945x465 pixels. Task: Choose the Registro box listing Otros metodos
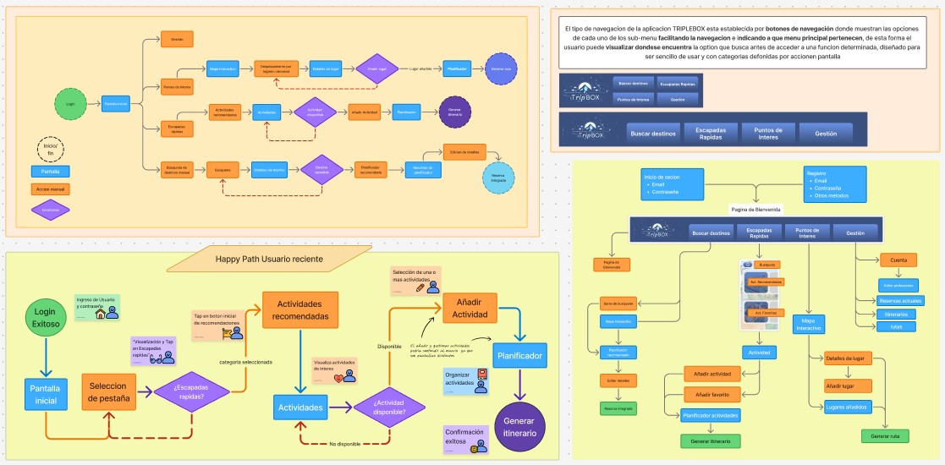tap(833, 183)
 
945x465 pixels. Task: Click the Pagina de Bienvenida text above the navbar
tap(755, 208)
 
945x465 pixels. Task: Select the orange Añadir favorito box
tap(713, 394)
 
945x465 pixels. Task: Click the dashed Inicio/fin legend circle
tap(50, 150)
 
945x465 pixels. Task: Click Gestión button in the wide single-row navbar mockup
tap(826, 133)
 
